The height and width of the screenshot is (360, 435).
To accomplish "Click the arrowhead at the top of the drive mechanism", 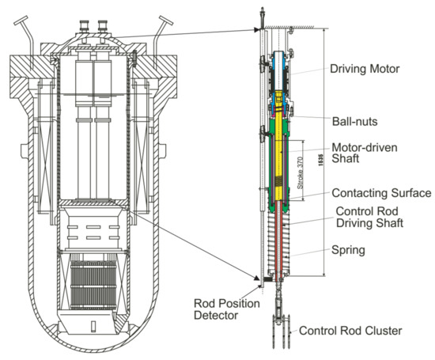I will [x=258, y=30].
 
